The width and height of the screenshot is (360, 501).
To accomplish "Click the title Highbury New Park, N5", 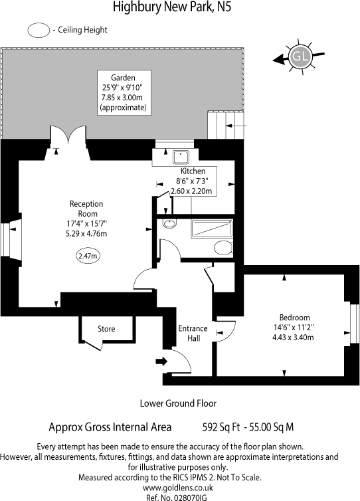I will click(173, 8).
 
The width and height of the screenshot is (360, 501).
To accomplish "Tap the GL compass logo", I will click(300, 58).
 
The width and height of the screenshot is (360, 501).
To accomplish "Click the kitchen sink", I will click(179, 157).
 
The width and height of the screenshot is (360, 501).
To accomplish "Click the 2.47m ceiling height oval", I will click(87, 255).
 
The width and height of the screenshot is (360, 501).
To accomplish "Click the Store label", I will click(106, 329).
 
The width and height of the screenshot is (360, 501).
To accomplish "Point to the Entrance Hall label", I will click(193, 334).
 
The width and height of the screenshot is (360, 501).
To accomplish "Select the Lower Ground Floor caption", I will click(178, 403).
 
